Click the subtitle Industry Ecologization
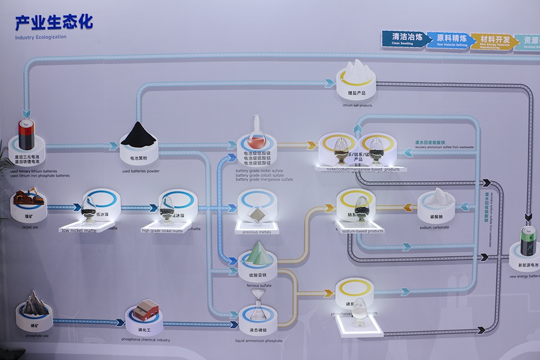[x=41, y=37]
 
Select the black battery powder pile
[x=138, y=135]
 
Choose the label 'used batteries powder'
[x=140, y=171]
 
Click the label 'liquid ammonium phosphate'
[x=259, y=341]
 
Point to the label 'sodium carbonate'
[x=434, y=228]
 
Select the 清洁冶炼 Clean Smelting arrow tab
[x=404, y=39]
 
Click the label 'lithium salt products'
[x=357, y=105]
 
